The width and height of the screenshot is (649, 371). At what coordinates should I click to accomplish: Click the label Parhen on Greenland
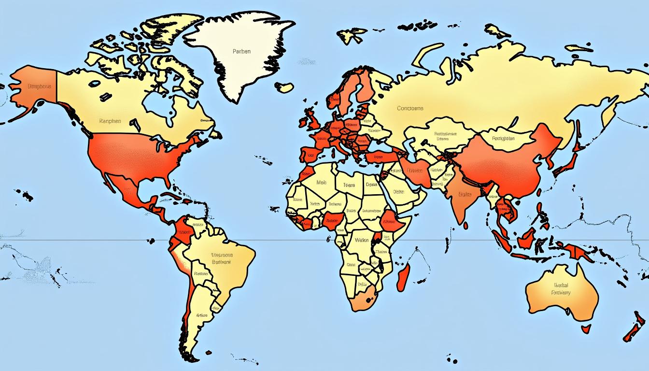coord(241,52)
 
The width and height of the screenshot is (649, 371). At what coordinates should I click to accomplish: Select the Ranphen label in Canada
coord(110,121)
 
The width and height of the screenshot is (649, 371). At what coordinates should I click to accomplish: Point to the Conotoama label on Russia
coord(410,108)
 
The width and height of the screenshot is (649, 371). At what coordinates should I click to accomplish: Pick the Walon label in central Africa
coord(361,240)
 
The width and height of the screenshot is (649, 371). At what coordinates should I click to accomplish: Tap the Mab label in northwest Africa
coord(321,183)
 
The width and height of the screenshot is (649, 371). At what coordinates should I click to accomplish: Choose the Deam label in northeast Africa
coord(371,184)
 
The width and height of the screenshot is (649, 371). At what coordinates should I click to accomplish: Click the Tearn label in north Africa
coord(349,185)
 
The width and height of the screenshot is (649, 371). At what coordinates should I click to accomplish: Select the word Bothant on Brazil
coord(222,262)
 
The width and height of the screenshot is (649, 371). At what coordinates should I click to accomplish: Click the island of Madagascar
coord(404,278)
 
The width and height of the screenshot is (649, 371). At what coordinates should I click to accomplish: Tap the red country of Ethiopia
coord(389,221)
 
